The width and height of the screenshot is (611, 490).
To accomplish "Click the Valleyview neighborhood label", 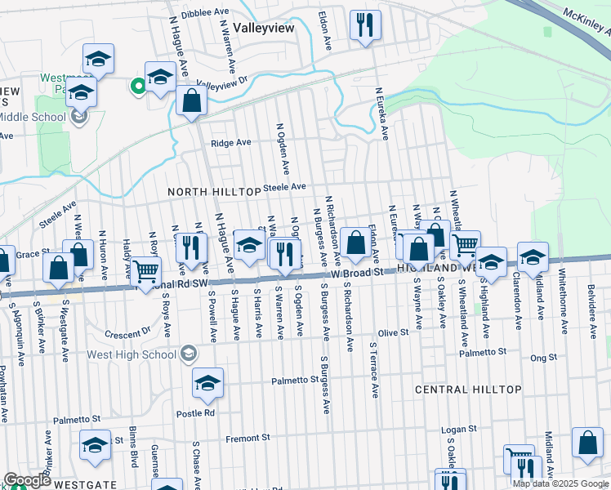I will pos(264,26).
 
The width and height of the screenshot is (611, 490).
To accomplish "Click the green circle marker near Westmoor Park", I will pos(138,84).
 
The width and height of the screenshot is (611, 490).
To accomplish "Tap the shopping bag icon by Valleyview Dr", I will pos(191,101).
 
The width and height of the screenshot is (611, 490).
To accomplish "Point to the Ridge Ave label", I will pos(230,143).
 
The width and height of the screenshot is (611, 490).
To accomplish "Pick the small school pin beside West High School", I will pos(189,354).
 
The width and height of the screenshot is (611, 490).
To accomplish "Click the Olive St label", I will pos(392,333).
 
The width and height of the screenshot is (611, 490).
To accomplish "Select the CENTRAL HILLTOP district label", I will pos(468,390).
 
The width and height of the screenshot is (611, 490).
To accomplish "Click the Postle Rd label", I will pos(195,413).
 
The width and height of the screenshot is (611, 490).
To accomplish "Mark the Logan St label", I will pos(458,429).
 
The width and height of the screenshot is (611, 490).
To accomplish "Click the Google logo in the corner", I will pos(26,480).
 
